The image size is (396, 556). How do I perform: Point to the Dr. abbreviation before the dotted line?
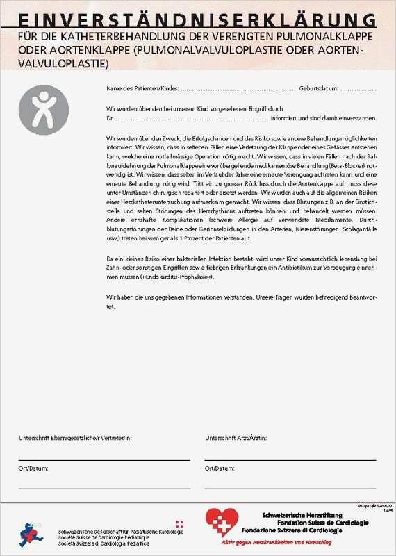coord(110,117)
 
